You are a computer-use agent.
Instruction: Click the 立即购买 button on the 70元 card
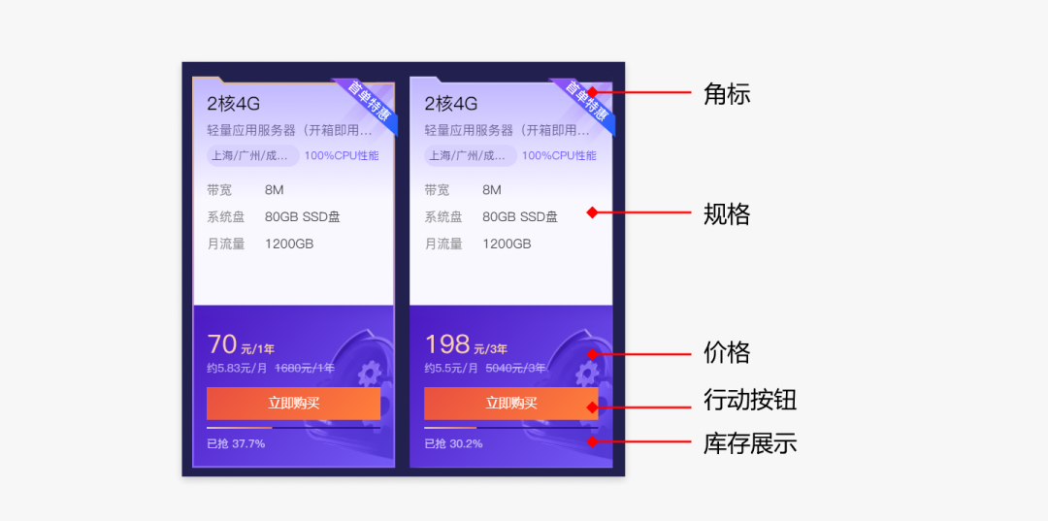tap(293, 404)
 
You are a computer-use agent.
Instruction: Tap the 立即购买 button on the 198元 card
tap(510, 404)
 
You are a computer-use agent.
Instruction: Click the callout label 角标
tap(727, 94)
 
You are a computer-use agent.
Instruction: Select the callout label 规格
tap(727, 213)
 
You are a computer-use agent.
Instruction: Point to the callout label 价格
tap(727, 352)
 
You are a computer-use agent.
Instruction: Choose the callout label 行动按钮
tap(750, 400)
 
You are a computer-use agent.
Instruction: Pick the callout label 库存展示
tap(750, 443)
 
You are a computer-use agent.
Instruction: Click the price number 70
tap(222, 344)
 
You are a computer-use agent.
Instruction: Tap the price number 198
tap(447, 344)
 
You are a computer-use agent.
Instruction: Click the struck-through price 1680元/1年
tap(305, 369)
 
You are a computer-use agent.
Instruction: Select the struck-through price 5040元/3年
tap(515, 369)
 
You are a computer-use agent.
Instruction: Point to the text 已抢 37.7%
tap(236, 444)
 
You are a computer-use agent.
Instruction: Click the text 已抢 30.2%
tap(453, 444)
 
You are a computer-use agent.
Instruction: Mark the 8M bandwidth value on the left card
tap(275, 190)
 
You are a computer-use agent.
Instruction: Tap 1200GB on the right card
tap(507, 244)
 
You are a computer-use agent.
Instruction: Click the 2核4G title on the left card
tap(233, 104)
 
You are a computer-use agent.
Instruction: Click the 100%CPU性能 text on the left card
tap(342, 156)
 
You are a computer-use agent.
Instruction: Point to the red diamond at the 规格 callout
tap(592, 212)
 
